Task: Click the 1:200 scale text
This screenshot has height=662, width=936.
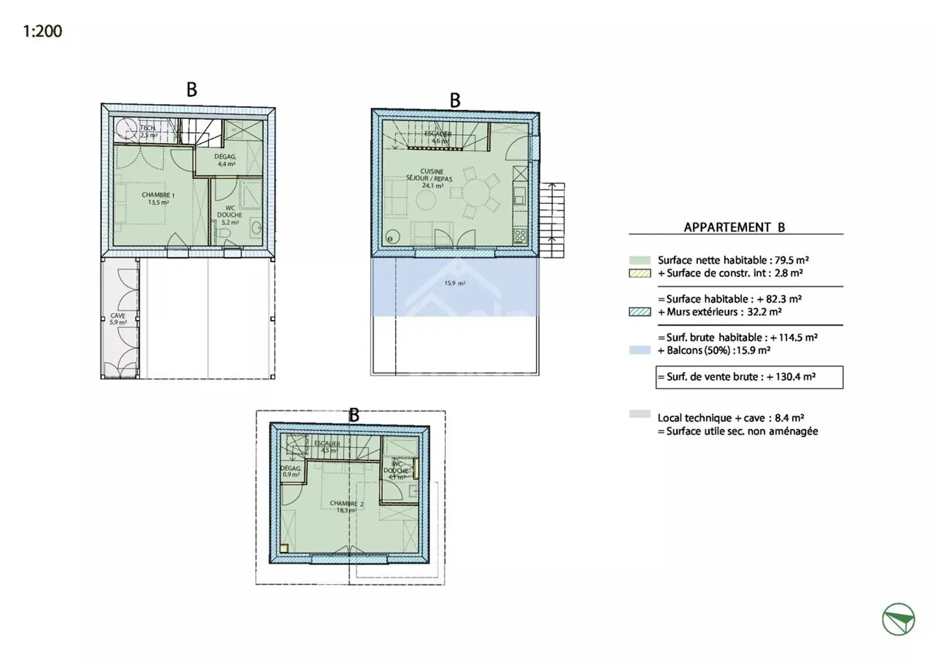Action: (x=42, y=31)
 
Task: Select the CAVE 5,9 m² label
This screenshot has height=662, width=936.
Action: (x=118, y=319)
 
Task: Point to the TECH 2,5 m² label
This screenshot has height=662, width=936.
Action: (x=148, y=131)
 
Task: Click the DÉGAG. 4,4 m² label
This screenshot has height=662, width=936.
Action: (x=226, y=160)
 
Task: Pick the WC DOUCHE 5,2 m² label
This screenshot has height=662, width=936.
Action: (x=229, y=215)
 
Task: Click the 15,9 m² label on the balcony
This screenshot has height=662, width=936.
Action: (x=454, y=283)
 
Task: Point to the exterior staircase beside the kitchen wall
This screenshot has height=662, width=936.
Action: (x=552, y=212)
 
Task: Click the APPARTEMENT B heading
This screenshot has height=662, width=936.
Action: (x=734, y=227)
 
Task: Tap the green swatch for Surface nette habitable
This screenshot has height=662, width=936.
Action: (x=640, y=260)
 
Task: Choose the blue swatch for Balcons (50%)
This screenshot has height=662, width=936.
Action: (x=640, y=351)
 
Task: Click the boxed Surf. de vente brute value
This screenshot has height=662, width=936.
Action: (x=749, y=377)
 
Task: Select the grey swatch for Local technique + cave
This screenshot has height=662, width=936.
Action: (x=640, y=414)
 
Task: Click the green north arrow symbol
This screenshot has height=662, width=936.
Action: (x=898, y=619)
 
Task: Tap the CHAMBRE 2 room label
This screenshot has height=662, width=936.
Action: (x=346, y=507)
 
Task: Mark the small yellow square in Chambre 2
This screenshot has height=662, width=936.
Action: (x=284, y=548)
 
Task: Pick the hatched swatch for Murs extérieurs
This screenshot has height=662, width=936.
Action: (x=640, y=312)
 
